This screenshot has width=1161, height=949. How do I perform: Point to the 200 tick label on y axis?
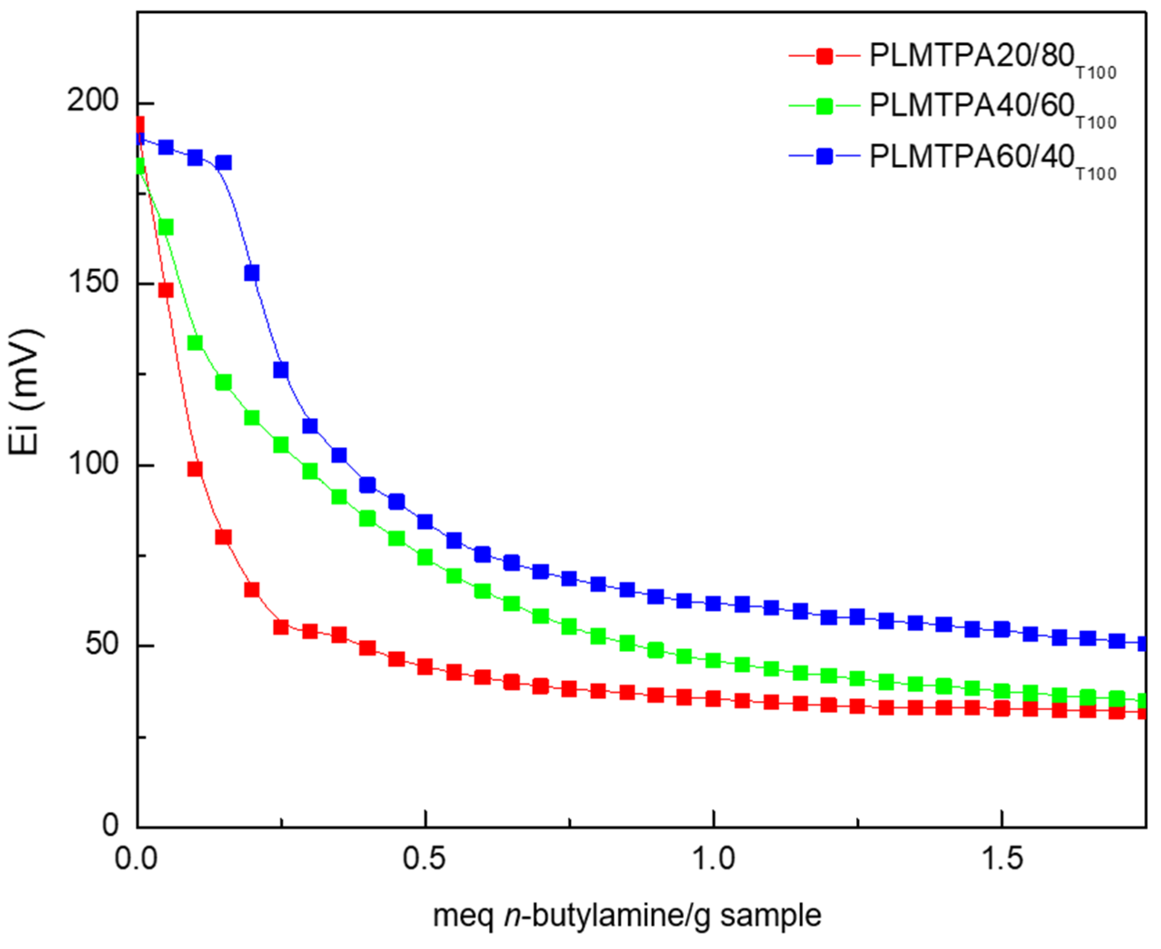[x=93, y=103]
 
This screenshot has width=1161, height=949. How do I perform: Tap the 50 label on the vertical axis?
[x=102, y=646]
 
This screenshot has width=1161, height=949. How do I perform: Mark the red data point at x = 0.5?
[x=425, y=666]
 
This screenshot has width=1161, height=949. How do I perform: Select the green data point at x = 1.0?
[x=713, y=661]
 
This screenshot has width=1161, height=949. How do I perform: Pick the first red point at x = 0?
[x=139, y=124]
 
